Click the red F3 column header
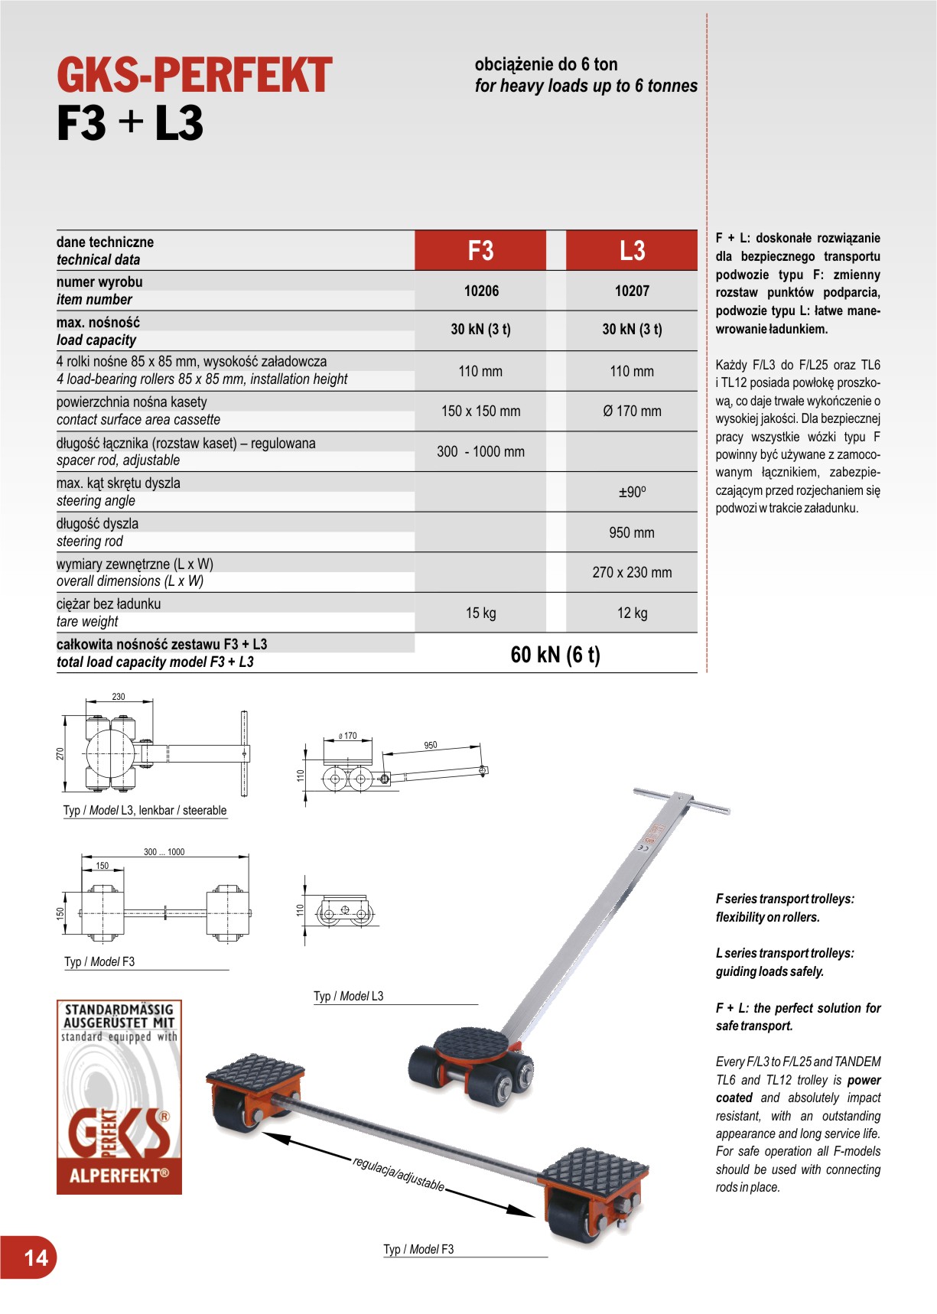(x=480, y=251)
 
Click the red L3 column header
(x=632, y=251)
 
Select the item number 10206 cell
(x=481, y=291)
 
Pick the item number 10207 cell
(x=632, y=291)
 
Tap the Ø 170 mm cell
(x=632, y=411)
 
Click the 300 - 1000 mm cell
(x=480, y=452)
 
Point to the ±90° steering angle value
(x=632, y=493)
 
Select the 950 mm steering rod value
(x=632, y=533)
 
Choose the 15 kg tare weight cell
(x=480, y=613)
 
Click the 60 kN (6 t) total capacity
(x=555, y=655)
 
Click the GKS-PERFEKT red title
(x=194, y=76)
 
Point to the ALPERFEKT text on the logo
(x=119, y=1176)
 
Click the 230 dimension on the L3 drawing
(x=119, y=697)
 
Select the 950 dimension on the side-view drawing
(x=431, y=745)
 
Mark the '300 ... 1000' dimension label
(x=164, y=852)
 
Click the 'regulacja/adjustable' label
(x=398, y=1173)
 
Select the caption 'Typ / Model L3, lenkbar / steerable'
(x=145, y=811)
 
